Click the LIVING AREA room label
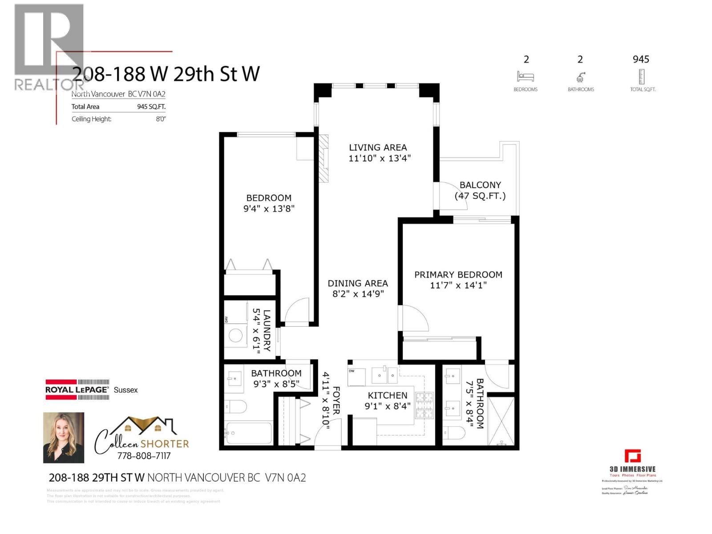coord(377,147)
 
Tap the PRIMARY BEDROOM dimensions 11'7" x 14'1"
coord(458,285)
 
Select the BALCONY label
coord(480,185)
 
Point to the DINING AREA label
coord(358,283)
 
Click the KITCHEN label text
coord(387,395)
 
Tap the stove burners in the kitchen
coord(424,405)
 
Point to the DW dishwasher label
coord(352,371)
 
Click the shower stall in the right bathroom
coord(501,421)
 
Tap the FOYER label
coord(336,400)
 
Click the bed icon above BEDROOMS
coord(526,77)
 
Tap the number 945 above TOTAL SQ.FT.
coord(641,59)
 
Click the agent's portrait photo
coord(64,437)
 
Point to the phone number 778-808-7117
coord(144,456)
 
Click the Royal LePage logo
coord(77,389)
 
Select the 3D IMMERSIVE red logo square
coord(632,456)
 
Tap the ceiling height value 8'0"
coord(161,119)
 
